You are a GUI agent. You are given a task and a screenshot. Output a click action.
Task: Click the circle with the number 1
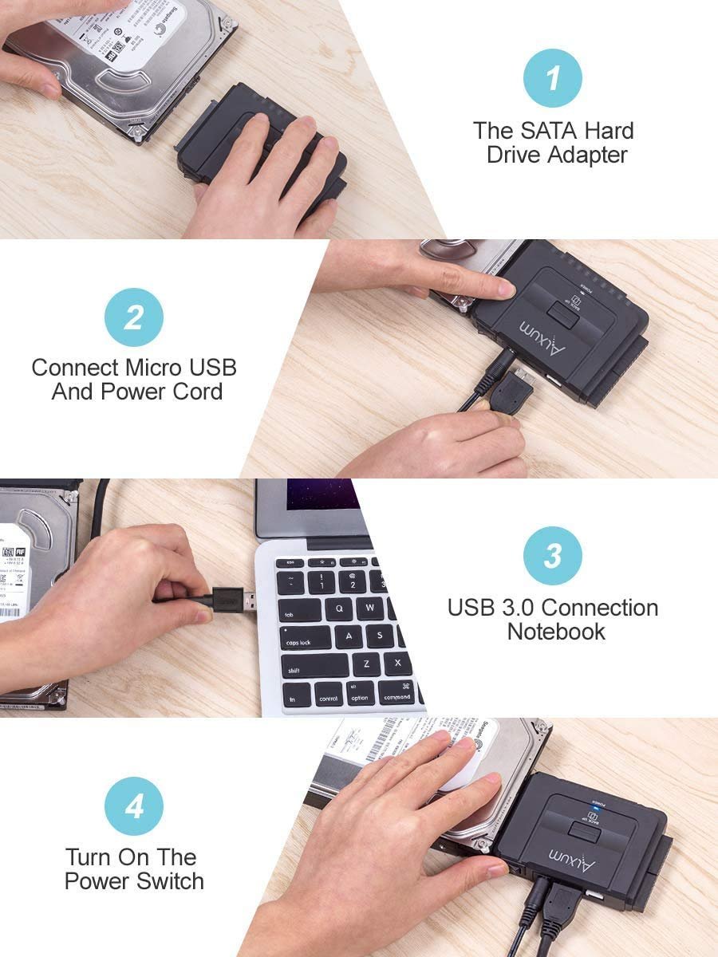pyautogui.click(x=552, y=78)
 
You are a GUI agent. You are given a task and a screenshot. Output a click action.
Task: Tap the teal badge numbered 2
pyautogui.click(x=133, y=317)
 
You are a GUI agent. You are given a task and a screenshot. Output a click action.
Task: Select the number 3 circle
pyautogui.click(x=552, y=556)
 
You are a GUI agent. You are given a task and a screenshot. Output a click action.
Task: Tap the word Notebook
pyautogui.click(x=556, y=632)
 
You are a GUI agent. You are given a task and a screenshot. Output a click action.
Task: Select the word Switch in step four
pyautogui.click(x=167, y=881)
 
